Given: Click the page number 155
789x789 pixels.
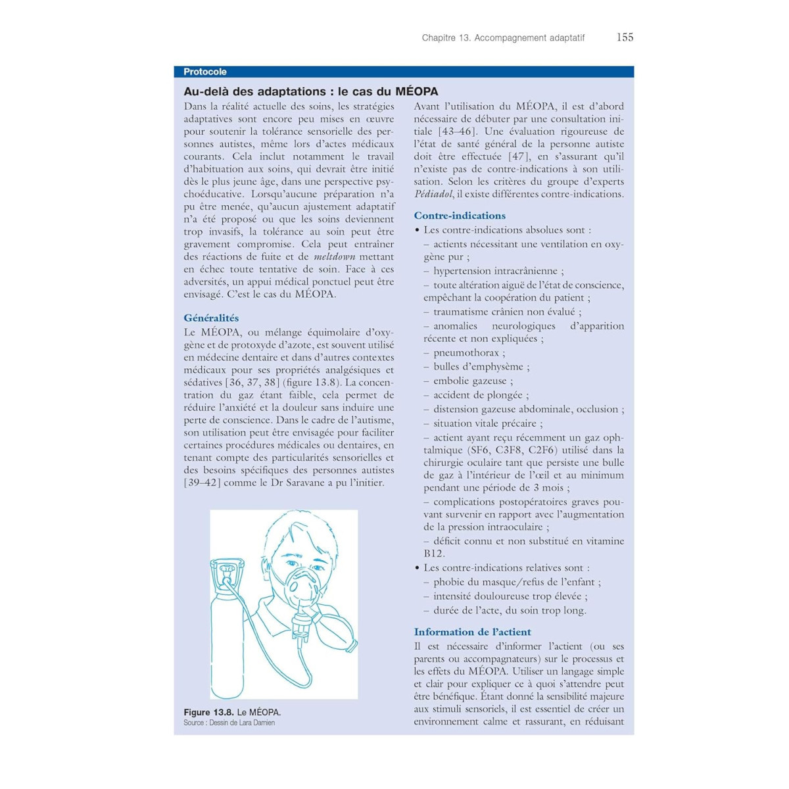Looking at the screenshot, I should pyautogui.click(x=625, y=37).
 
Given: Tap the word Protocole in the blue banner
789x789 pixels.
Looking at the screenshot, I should pyautogui.click(x=205, y=72).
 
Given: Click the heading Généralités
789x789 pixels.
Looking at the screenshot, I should pyautogui.click(x=211, y=318).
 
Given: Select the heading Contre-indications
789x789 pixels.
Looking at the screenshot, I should pyautogui.click(x=460, y=216).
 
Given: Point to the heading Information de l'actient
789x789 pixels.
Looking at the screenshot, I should pyautogui.click(x=472, y=632).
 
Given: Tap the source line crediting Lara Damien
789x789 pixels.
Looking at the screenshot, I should pyautogui.click(x=229, y=723).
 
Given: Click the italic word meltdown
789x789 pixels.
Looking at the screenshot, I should pyautogui.click(x=334, y=257).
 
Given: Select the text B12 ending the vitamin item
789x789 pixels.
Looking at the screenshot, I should pyautogui.click(x=433, y=554).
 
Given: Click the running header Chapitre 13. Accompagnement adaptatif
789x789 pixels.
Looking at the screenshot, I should pyautogui.click(x=503, y=38).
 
